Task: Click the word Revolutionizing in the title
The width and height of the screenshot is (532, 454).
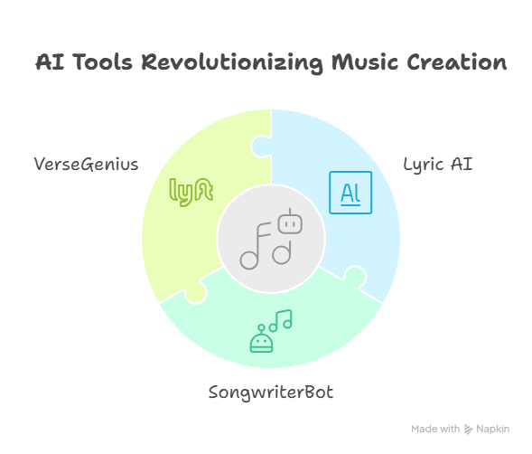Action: coord(231,63)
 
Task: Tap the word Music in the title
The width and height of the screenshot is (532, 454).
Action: coord(364,62)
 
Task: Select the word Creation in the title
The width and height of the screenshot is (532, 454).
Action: coord(457,62)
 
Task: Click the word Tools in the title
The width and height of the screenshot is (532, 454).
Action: coord(102,62)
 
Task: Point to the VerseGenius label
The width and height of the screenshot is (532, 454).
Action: coord(86,164)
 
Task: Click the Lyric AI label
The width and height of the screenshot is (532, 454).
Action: coord(438,165)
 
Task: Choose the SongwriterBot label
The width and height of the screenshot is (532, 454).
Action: coord(271,393)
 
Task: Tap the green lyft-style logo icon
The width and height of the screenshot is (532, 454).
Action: coord(191,192)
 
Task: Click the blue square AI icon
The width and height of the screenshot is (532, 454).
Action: coord(350,193)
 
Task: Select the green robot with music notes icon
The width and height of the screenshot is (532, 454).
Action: coord(271,331)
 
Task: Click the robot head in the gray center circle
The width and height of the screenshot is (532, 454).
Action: coord(290,222)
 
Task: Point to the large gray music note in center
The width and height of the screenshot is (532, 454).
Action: coord(255,246)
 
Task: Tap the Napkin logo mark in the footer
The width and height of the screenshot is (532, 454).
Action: coord(468,430)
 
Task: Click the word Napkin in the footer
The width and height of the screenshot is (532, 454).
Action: coord(492,430)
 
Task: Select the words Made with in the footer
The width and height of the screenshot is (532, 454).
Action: coord(435,430)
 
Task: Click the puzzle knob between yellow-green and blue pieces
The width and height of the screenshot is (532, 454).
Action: coord(261,147)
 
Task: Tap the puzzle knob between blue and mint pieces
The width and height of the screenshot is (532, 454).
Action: coord(355,277)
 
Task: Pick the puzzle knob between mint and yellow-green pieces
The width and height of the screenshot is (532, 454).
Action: coord(196,293)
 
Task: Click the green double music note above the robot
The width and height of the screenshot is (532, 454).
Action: coord(281,320)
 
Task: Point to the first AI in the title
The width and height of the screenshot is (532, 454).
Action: coord(50,62)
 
